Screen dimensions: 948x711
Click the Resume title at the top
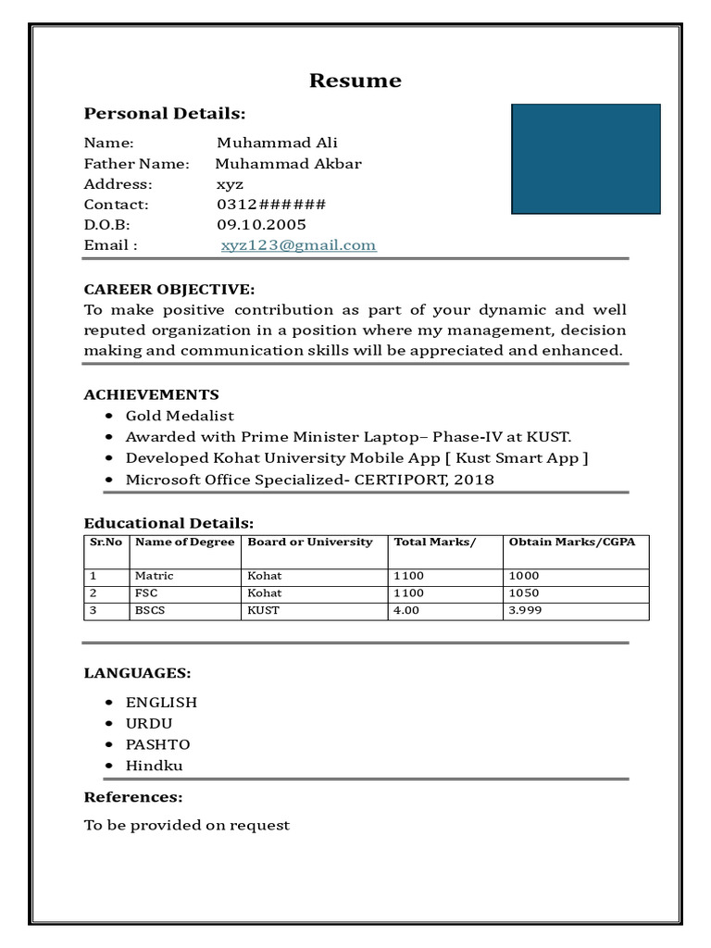point(355,81)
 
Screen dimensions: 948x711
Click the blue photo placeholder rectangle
point(586,159)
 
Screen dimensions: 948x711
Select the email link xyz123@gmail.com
point(298,245)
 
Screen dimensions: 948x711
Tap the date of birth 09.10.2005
point(261,225)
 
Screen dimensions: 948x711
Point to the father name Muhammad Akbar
point(289,164)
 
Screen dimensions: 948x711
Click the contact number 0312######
point(271,205)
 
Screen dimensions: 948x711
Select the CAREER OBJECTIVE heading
point(169,290)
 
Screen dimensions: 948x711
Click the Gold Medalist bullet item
point(180,416)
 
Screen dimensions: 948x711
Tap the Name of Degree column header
point(184,543)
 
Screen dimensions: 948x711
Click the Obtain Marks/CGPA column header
point(571,543)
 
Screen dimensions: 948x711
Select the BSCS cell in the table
point(150,611)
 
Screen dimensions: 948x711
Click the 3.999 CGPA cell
point(525,611)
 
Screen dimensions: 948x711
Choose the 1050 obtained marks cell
point(524,593)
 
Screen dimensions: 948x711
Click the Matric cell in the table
point(154,576)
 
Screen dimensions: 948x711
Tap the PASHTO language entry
point(157,744)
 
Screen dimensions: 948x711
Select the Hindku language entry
point(154,766)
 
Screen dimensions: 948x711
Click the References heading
point(133,797)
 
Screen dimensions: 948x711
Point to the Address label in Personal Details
point(118,184)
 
